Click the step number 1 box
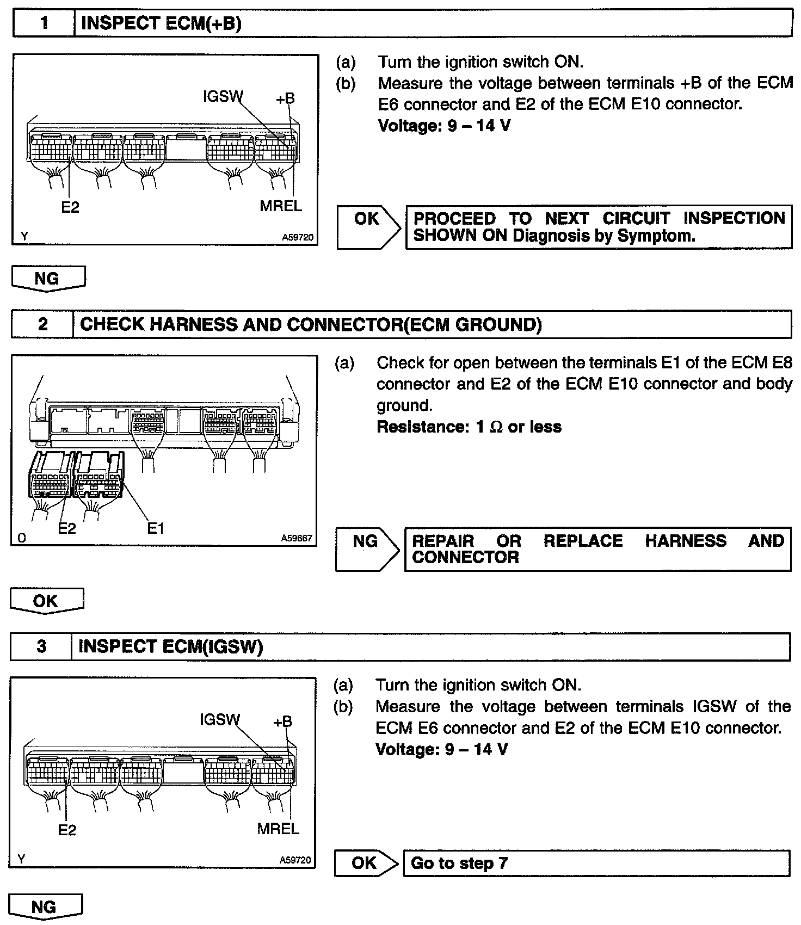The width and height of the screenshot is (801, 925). tap(44, 23)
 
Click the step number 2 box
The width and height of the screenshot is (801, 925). tap(42, 324)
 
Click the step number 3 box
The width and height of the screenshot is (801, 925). tap(41, 646)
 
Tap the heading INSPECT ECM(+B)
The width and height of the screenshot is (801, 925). tap(161, 23)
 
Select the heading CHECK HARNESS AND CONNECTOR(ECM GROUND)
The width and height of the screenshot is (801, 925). tap(311, 324)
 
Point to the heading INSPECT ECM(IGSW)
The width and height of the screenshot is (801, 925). tap(171, 646)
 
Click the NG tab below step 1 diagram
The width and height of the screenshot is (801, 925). tap(48, 279)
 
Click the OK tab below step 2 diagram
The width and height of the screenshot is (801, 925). tap(46, 601)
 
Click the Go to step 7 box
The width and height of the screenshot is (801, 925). tap(596, 863)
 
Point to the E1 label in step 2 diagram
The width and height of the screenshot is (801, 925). tap(156, 528)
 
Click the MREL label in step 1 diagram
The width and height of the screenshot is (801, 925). tap(281, 206)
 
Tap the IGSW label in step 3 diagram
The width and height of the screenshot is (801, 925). tap(219, 719)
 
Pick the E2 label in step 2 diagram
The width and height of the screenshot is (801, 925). tap(67, 528)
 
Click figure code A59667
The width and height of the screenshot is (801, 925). tap(297, 538)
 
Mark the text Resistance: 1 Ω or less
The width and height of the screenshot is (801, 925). tap(469, 427)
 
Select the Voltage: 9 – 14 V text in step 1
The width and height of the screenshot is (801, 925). tap(444, 126)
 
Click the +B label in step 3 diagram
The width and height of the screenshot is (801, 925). tap(282, 721)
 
